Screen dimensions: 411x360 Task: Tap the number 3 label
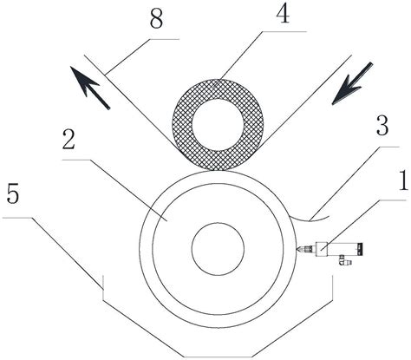(x=382, y=126)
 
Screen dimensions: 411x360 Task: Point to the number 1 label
(x=404, y=180)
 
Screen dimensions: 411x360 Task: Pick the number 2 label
(x=68, y=141)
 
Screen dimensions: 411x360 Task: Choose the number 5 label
(x=12, y=193)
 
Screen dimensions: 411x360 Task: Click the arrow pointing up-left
(x=89, y=88)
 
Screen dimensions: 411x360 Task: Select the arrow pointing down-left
(x=353, y=83)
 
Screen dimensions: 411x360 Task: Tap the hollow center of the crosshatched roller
(x=218, y=125)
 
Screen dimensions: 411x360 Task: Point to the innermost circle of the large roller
(x=218, y=249)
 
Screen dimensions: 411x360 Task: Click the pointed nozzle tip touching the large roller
(x=297, y=249)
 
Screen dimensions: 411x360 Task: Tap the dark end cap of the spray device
(x=360, y=249)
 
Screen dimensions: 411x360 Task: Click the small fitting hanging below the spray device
(x=344, y=260)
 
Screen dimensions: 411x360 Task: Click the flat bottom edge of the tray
(x=219, y=357)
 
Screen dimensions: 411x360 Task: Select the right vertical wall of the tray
(x=332, y=288)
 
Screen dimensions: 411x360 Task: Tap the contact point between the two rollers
(x=218, y=171)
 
